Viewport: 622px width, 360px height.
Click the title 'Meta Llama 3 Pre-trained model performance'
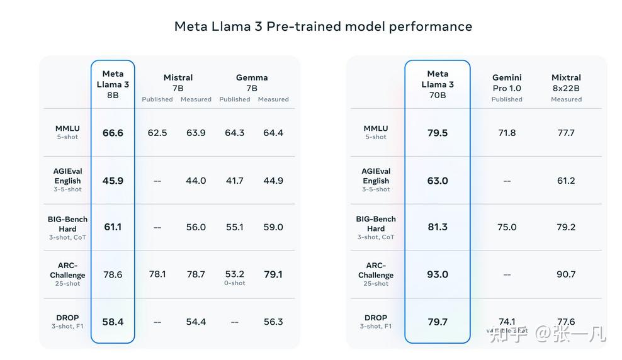pyautogui.click(x=323, y=26)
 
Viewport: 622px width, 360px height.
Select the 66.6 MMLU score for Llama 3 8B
pyautogui.click(x=113, y=133)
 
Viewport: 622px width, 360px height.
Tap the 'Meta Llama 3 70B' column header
pyautogui.click(x=438, y=84)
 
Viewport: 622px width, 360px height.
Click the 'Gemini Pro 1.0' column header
pyautogui.click(x=507, y=83)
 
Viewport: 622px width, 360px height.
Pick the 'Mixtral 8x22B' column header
pyautogui.click(x=566, y=83)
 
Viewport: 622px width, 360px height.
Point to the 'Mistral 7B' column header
pyautogui.click(x=178, y=82)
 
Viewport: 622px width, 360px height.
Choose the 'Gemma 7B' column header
pyautogui.click(x=252, y=82)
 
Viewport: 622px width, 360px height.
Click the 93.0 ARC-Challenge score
pyautogui.click(x=438, y=274)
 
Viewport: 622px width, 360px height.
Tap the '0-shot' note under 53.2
pyautogui.click(x=235, y=283)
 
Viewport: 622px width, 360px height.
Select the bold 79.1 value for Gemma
pyautogui.click(x=273, y=274)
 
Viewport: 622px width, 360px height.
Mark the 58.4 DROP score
pyautogui.click(x=113, y=322)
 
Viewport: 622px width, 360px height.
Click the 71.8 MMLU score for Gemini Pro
pyautogui.click(x=507, y=133)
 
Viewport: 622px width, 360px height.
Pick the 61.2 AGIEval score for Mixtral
pyautogui.click(x=566, y=181)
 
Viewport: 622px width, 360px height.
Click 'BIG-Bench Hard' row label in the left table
pyautogui.click(x=67, y=224)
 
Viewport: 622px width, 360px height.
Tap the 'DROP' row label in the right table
pyautogui.click(x=376, y=318)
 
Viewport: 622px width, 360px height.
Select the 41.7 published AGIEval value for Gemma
pyautogui.click(x=235, y=181)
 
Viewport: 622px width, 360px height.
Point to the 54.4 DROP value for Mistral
pyautogui.click(x=196, y=322)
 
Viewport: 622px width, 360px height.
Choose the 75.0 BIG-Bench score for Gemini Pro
pyautogui.click(x=507, y=227)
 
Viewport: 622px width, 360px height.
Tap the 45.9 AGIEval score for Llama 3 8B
pyautogui.click(x=113, y=181)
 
